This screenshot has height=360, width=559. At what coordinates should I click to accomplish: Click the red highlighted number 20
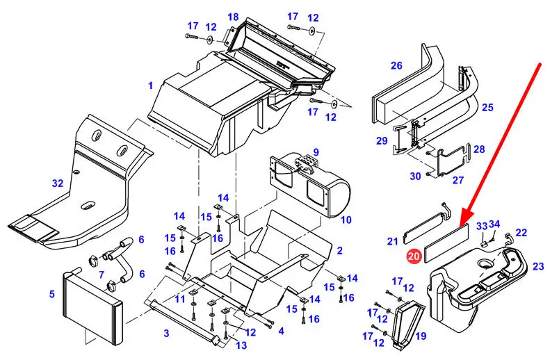414,256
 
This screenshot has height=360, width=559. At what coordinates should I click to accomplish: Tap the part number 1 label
150,86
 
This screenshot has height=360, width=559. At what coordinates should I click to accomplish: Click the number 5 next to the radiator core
52,294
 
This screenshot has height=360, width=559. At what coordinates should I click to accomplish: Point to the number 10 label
346,220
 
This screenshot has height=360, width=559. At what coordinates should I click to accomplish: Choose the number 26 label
396,66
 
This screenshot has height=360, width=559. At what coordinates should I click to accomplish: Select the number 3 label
166,334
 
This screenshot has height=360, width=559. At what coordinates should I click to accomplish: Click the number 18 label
232,17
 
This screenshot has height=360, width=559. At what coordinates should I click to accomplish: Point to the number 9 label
315,152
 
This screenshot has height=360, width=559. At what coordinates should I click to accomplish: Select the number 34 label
494,224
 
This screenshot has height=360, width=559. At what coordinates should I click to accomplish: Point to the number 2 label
339,250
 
